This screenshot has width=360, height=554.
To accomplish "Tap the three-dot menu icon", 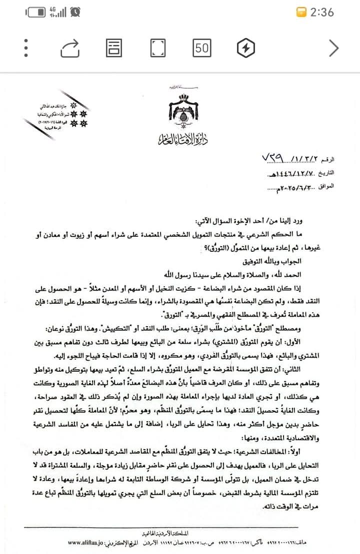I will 25,48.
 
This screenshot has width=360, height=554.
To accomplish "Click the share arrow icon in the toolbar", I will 70,48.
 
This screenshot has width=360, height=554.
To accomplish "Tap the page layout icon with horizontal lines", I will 114,48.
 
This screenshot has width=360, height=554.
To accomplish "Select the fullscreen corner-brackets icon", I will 158,48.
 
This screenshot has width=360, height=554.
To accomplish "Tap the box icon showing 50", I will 201,48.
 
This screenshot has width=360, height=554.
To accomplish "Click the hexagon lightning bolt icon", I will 245,48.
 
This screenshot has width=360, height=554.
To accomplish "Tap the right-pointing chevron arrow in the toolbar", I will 333,48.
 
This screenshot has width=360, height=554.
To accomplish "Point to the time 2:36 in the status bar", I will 322,12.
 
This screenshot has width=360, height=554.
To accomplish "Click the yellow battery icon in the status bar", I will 301,12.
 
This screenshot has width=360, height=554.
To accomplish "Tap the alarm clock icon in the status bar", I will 75,11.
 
